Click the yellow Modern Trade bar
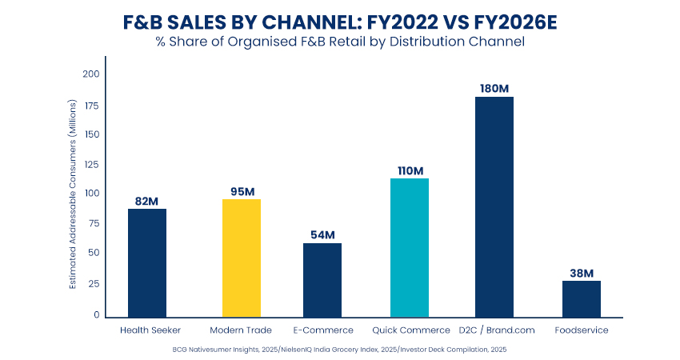[241, 258]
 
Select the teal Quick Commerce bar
[410, 247]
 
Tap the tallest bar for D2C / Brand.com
[494, 206]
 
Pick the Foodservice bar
[581, 298]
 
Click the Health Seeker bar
[147, 262]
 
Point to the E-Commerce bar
[322, 279]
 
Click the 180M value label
[494, 88]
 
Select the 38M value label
[581, 272]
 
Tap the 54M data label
[322, 234]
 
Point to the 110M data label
[410, 170]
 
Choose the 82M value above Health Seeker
[147, 200]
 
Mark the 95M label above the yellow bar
[241, 190]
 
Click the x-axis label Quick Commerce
[410, 330]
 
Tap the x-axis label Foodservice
[581, 330]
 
